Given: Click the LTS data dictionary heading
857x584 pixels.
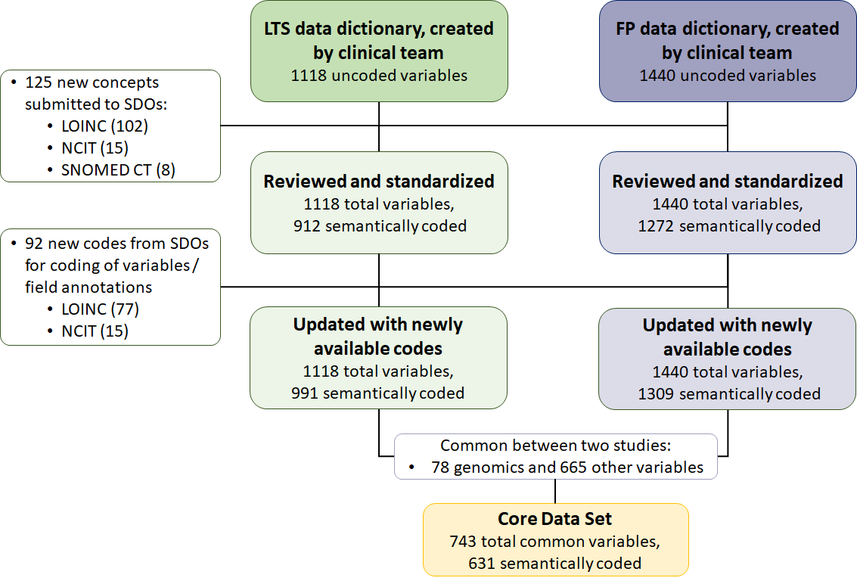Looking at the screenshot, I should pos(378,40).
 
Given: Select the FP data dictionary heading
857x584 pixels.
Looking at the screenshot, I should pos(727,40).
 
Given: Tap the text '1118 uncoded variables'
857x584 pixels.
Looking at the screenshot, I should pos(378,76).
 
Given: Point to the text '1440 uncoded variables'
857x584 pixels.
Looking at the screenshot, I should pos(727,76).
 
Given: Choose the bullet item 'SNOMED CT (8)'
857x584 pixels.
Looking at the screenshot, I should pos(118,169).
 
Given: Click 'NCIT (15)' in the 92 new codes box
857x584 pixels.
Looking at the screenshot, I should pos(95,331).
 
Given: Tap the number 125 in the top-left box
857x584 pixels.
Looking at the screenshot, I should pos(39,82).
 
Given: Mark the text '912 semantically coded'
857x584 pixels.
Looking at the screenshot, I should pos(378,225).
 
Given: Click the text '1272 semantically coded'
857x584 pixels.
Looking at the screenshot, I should pos(727,225).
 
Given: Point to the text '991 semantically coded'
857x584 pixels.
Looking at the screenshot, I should pos(378,393).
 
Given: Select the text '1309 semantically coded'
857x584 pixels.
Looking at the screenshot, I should pos(727,393).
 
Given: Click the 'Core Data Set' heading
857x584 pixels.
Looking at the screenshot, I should pos(554,519).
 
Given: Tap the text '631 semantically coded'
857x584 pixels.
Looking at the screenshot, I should pos(554,563).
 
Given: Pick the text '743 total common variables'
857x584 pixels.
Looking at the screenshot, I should pos(554,542).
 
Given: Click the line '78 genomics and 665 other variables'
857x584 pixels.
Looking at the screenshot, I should pos(567,468).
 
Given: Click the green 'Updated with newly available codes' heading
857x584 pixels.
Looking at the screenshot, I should pos(378,336).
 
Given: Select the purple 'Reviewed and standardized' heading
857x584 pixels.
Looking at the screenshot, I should pos(727,182).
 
